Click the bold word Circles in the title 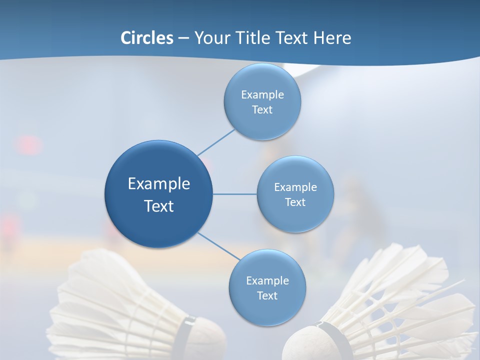(146, 38)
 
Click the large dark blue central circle (158, 194)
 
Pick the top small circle (262, 102)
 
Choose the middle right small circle (295, 194)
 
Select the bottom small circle (267, 288)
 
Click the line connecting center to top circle (216, 142)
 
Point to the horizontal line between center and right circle (234, 194)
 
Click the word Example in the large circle (158, 183)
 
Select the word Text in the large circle (158, 206)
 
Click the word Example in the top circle (262, 94)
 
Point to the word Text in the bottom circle (267, 295)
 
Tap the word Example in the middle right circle (295, 187)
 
